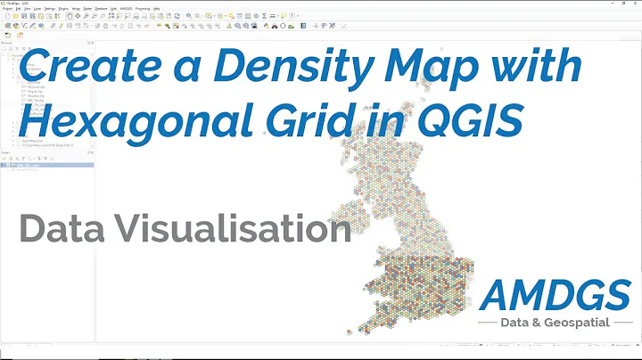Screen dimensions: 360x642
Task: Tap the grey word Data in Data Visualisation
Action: [58, 229]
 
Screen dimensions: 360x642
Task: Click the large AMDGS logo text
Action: [556, 292]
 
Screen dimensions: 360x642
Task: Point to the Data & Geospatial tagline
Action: [556, 323]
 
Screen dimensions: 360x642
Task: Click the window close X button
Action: [634, 3]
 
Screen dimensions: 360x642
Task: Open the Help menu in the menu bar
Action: [157, 9]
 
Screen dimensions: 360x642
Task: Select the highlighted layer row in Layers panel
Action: [49, 164]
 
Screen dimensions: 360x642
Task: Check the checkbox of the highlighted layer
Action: [9, 164]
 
